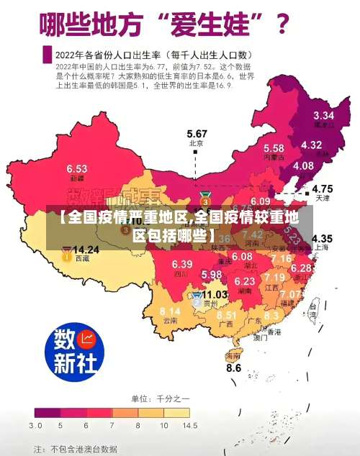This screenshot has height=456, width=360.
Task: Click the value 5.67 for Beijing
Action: click(x=197, y=134)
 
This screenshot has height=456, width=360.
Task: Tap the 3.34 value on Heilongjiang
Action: click(x=323, y=115)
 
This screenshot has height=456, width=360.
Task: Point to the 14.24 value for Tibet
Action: click(x=86, y=250)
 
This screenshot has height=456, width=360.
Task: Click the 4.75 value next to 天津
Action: click(x=321, y=188)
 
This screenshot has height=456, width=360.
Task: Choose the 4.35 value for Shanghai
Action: click(x=321, y=238)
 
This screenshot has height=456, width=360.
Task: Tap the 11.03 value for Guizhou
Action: click(x=215, y=295)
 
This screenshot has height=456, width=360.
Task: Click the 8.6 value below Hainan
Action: click(x=234, y=368)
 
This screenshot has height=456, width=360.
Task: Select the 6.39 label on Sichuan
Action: click(x=182, y=264)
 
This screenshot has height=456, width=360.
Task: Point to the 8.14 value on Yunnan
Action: click(x=170, y=311)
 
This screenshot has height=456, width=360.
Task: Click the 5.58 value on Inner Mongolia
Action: click(x=273, y=147)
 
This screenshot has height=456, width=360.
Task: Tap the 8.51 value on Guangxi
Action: click(x=226, y=315)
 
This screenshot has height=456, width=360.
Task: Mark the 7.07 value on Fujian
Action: click(x=291, y=294)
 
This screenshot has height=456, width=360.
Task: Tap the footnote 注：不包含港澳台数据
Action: click(x=75, y=448)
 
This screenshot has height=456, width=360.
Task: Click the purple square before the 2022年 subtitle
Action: click(x=47, y=54)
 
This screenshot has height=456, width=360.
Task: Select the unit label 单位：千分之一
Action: click(x=160, y=398)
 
